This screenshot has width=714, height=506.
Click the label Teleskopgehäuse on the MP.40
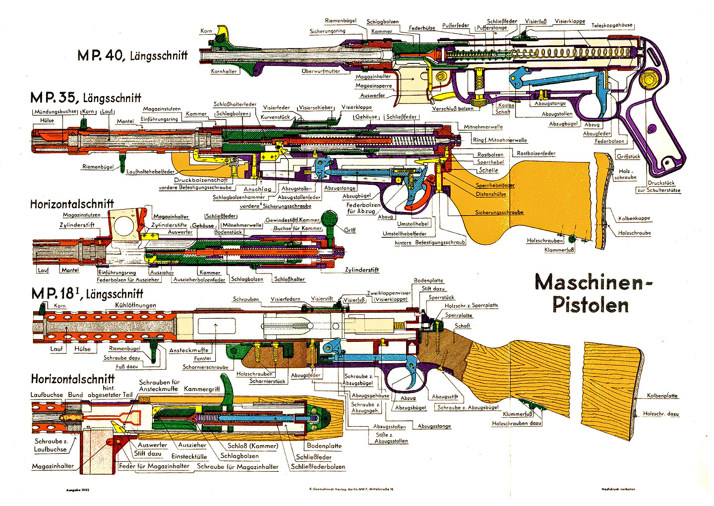pos(612,25)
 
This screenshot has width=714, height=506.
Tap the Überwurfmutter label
pos(321,71)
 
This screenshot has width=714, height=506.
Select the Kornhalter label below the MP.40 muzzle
pos(224,71)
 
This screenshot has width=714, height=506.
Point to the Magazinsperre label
pos(373,86)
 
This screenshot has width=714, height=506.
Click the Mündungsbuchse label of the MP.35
pos(55,112)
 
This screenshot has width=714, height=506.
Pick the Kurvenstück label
pos(275,117)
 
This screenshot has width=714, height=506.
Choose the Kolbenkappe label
pos(634,219)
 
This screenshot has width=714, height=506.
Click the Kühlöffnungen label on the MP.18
pos(135,305)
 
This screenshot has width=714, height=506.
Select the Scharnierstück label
pos(267,382)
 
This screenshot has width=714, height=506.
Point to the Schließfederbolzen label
pos(318,466)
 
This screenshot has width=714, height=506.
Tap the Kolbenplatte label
pos(662,396)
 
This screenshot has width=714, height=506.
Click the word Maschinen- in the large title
pos(594,282)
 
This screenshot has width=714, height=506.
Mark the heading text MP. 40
pos(100,55)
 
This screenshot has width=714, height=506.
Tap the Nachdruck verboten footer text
pos(618,490)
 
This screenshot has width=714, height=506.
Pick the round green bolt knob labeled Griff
pos(329,219)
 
